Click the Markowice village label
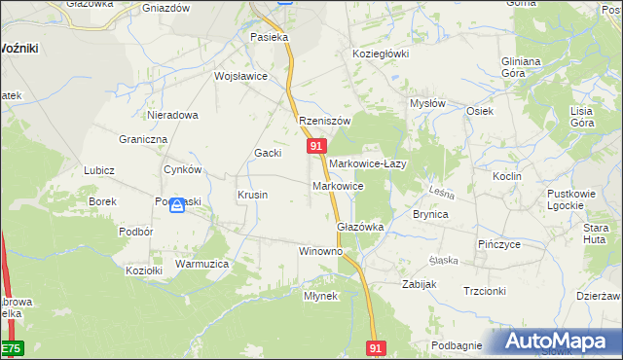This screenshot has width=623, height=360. click(338, 186)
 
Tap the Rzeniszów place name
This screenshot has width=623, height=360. click(323, 121)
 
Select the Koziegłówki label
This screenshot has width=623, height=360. click(381, 54)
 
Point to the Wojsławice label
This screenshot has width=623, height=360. click(240, 76)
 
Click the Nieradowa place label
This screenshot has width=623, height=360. click(172, 115)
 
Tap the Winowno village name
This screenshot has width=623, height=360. click(320, 251)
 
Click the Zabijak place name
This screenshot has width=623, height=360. click(420, 284)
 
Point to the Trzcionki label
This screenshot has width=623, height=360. click(485, 291)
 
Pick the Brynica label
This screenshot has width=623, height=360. click(430, 214)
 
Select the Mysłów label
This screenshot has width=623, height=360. click(427, 103)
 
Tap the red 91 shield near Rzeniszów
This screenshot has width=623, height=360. click(316, 145)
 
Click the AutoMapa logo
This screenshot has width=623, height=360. click(560, 342)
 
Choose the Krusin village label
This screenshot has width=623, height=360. click(252, 195)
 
